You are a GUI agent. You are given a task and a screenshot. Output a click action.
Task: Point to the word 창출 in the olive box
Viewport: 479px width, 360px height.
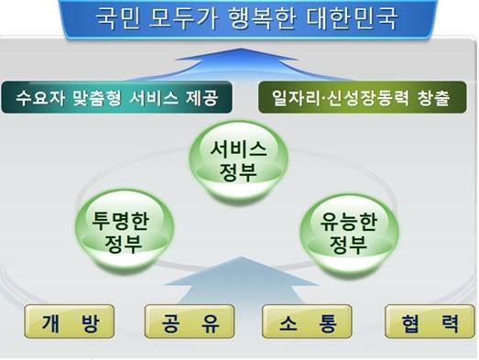[431, 97]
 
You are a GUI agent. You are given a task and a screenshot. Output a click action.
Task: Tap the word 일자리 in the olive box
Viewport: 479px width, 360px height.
[295, 97]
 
